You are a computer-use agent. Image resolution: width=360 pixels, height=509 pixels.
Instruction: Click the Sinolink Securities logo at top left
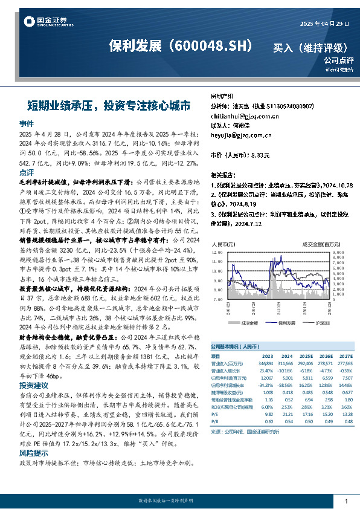[45, 22]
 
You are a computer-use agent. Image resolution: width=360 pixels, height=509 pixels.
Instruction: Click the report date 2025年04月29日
[324, 24]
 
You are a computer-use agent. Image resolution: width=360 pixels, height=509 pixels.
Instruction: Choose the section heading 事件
[27, 123]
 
